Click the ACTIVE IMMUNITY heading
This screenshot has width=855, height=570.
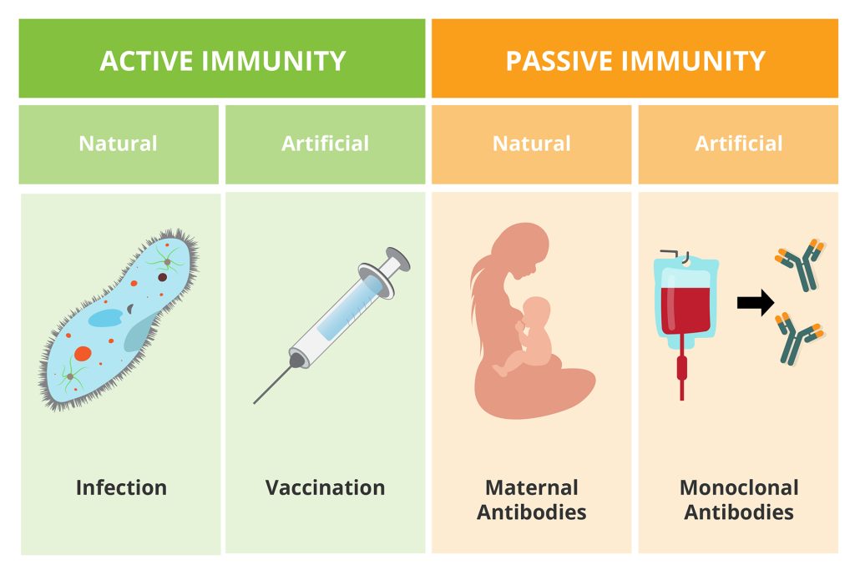(x=222, y=60)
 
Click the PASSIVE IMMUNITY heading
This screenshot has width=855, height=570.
(x=635, y=60)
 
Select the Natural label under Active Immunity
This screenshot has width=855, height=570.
(x=118, y=144)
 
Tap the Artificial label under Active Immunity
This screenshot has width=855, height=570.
(x=325, y=144)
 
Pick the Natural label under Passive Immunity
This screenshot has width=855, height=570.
(x=532, y=144)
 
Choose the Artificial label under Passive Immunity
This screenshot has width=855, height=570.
(x=739, y=144)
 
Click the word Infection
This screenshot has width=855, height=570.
(x=121, y=487)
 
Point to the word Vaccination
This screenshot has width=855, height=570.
(x=325, y=487)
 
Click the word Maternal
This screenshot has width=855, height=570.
(x=532, y=487)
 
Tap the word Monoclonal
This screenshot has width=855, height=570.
(x=739, y=487)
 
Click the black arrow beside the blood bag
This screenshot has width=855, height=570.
(x=755, y=302)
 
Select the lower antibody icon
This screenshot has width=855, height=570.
(x=799, y=338)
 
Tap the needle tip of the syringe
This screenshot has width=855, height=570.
(x=255, y=403)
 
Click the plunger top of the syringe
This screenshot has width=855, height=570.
(x=398, y=259)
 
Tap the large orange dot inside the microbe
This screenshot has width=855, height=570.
(x=83, y=354)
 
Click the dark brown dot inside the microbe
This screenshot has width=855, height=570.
(x=162, y=277)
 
